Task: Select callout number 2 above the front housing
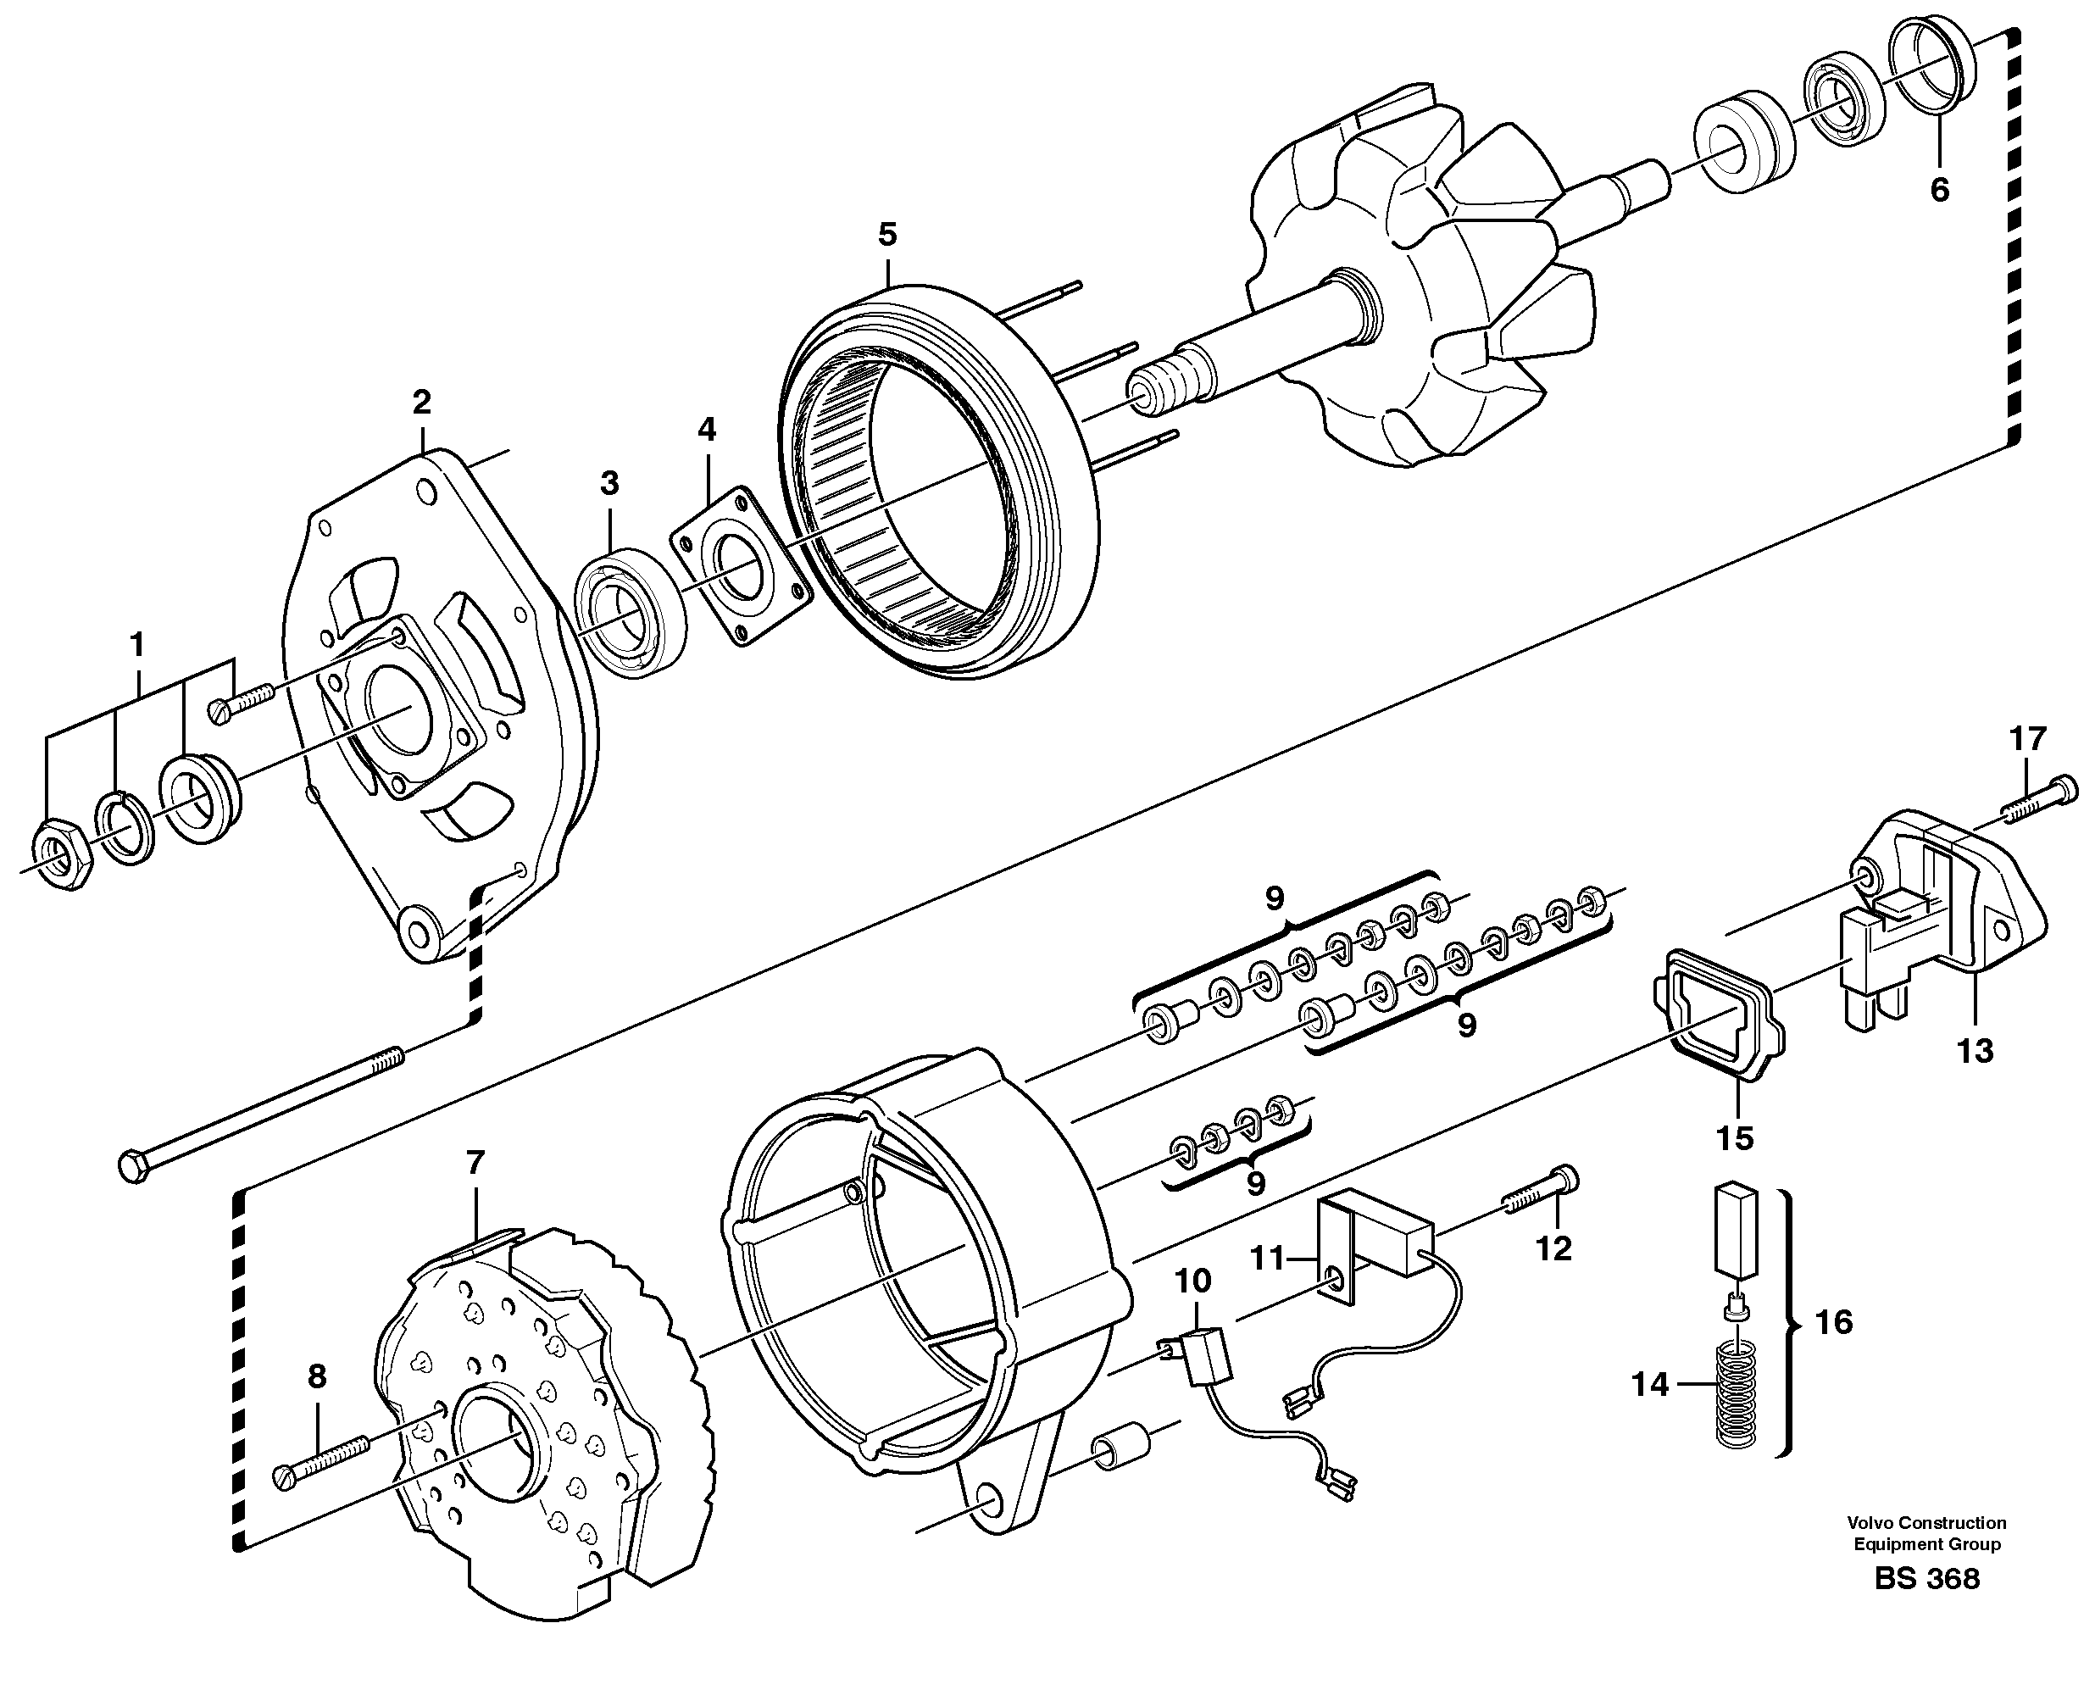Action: [x=421, y=402]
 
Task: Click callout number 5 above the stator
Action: [x=886, y=234]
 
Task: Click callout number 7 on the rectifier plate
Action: [x=475, y=1163]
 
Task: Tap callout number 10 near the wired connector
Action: [x=1192, y=1281]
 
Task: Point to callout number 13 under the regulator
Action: [x=1976, y=1052]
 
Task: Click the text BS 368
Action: [x=1926, y=1607]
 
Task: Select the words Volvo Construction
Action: [x=1926, y=1523]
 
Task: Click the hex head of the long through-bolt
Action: [x=131, y=1166]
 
